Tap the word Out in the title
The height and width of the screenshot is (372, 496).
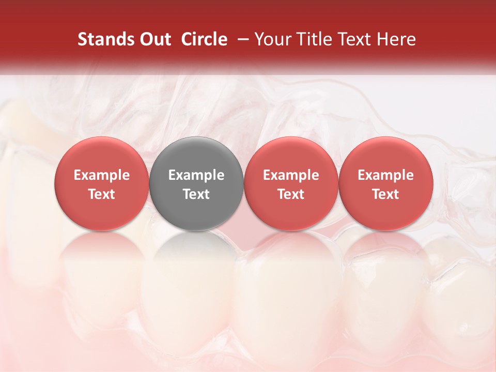tap(154, 39)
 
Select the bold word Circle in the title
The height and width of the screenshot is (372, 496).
tap(204, 39)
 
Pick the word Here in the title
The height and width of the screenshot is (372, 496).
tap(397, 39)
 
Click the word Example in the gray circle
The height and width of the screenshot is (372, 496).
tap(196, 175)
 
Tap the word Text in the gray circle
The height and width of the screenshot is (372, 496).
tap(196, 194)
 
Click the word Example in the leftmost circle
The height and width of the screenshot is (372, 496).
tap(102, 175)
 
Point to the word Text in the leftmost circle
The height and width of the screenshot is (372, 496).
tap(102, 194)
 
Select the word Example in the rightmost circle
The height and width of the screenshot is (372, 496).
tap(385, 175)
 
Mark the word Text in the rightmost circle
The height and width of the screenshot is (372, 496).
tap(385, 194)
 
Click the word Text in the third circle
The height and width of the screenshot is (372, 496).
tap(291, 194)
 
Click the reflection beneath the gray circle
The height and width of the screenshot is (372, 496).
tap(196, 253)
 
